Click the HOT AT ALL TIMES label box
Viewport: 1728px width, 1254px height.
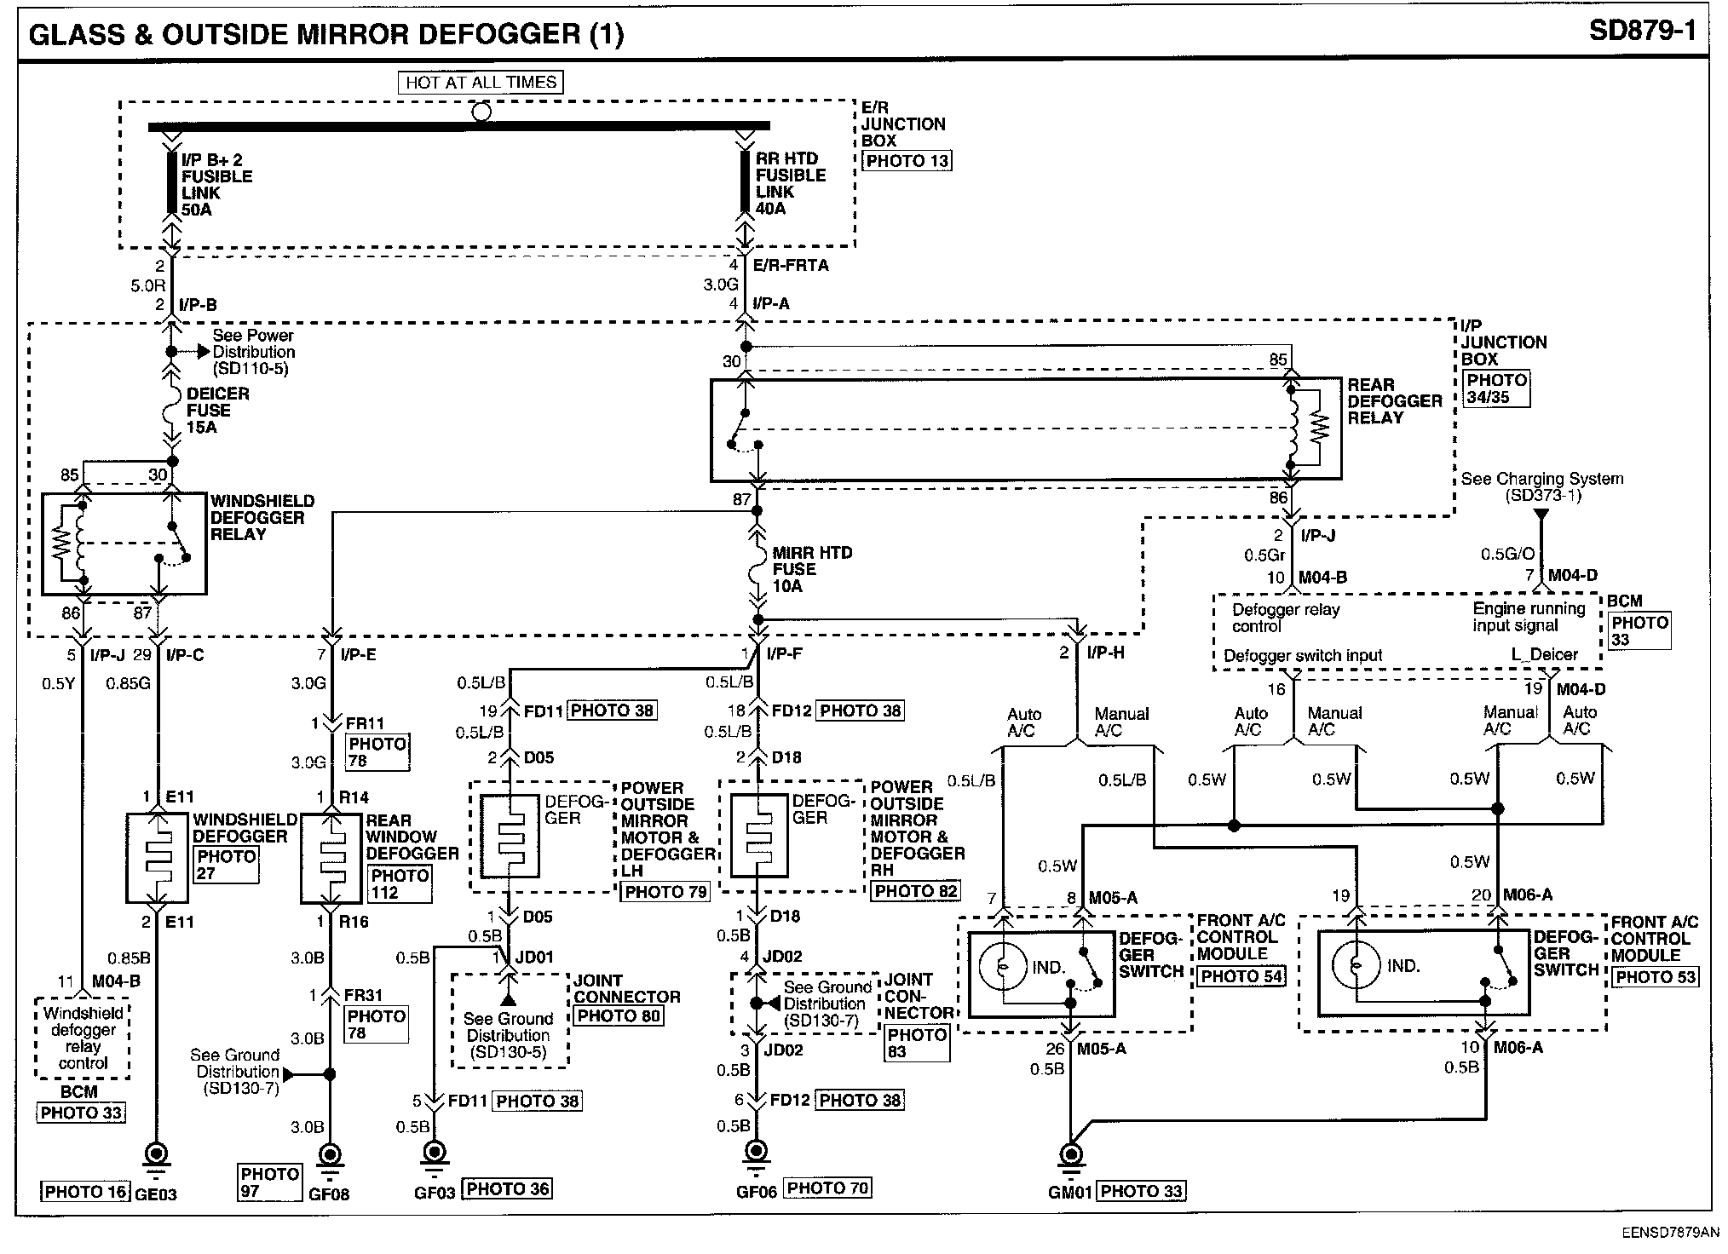click(481, 83)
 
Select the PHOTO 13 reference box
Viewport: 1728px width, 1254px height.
click(907, 161)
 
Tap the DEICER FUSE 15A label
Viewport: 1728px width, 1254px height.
click(218, 410)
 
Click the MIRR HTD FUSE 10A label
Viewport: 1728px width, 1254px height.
click(812, 569)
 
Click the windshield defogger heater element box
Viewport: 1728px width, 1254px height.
click(158, 858)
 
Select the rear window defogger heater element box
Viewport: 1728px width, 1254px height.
click(331, 858)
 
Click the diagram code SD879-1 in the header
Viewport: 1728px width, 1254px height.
click(1643, 32)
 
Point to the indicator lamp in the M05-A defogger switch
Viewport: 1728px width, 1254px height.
click(1003, 967)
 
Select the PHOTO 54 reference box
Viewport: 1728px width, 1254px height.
click(1241, 976)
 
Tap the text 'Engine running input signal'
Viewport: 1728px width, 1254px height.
click(1529, 617)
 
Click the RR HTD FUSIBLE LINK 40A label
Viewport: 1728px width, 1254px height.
click(791, 183)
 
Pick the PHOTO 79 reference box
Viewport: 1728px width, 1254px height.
click(665, 892)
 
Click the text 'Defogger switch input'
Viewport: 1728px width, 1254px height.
click(1303, 655)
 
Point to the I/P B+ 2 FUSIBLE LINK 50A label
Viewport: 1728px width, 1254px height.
click(216, 184)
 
